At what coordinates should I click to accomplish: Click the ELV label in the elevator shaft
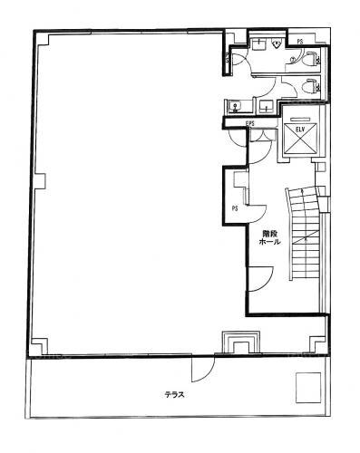point(300,130)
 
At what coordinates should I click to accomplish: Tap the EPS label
point(250,123)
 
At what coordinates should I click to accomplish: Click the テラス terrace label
point(175,394)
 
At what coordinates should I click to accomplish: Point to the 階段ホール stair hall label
point(270,237)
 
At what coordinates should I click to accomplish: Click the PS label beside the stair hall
point(235,208)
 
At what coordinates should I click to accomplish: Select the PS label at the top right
point(300,42)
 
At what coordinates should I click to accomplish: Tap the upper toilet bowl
point(310,58)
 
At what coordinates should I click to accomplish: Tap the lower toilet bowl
point(310,86)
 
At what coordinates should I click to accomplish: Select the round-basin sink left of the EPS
point(235,106)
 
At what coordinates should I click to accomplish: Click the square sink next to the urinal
point(258,45)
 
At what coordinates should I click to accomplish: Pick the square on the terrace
point(308,388)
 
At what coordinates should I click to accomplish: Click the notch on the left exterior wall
point(40,181)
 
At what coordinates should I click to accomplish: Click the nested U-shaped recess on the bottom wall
point(241,342)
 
